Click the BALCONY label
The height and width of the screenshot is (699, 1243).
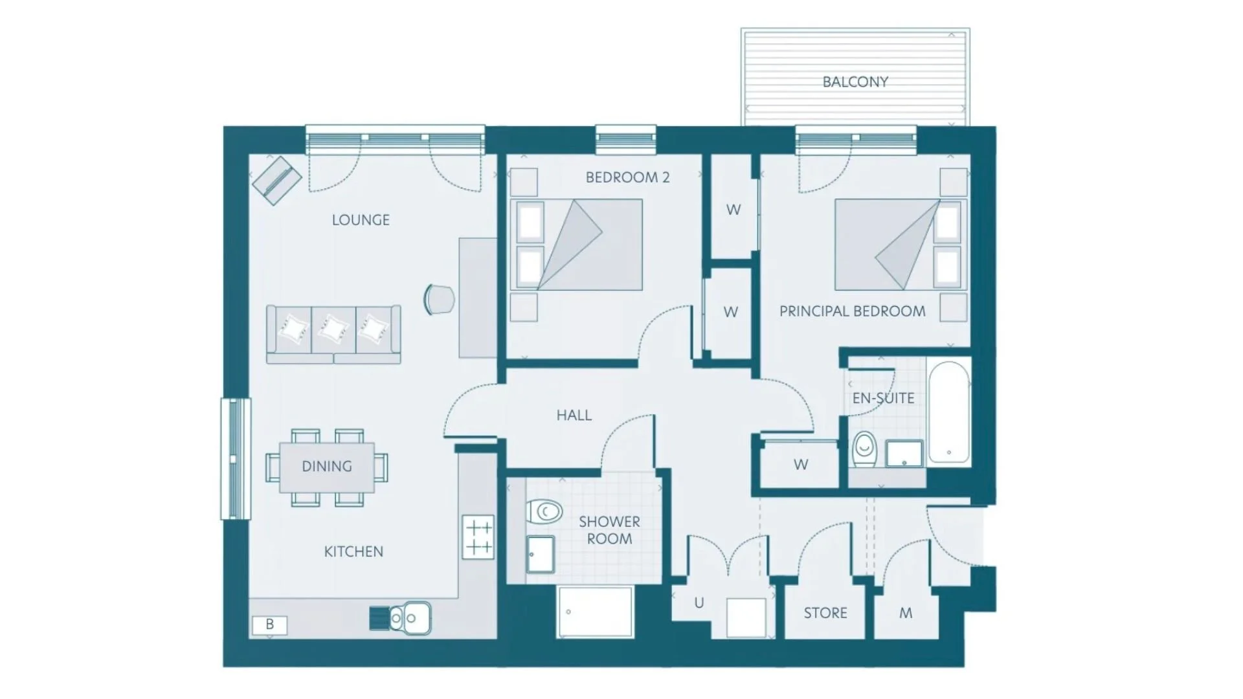coord(855,82)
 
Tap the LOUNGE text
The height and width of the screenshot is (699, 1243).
coord(361,220)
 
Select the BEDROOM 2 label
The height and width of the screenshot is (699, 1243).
coord(627,177)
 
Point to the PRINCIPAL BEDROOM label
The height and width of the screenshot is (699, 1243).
coord(852,311)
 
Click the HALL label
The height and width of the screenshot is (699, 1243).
coord(574,416)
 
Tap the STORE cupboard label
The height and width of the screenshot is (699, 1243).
coord(825,613)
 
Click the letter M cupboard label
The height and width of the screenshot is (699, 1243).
coord(906,613)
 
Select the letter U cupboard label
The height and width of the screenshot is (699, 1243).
coord(699,603)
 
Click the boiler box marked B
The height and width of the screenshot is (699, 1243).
coord(269,625)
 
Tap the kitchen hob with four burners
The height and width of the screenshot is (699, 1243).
coord(478,537)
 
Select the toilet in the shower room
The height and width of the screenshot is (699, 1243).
coord(543,512)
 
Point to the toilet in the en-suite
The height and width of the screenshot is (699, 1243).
coord(864,449)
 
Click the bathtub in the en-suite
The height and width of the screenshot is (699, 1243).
coord(949,412)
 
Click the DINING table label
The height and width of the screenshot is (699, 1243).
coord(327,467)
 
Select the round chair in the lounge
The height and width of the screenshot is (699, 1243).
coord(439,300)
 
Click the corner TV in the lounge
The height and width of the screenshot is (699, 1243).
coord(277,181)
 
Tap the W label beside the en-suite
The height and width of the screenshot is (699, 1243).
coord(801,465)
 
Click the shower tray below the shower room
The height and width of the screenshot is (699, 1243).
coord(594,612)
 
